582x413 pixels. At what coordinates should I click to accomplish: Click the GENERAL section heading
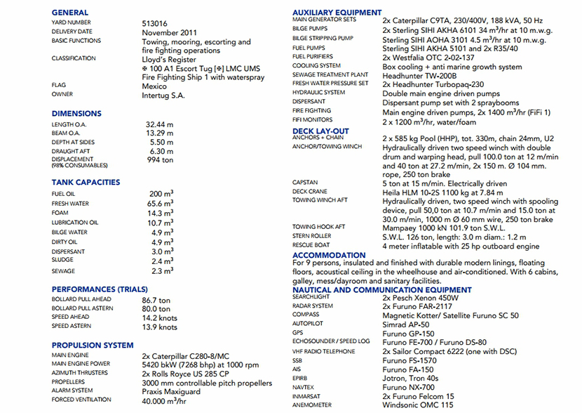pos(70,13)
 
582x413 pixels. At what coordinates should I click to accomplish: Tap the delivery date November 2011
pos(169,32)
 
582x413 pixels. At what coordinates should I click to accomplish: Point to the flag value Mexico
pos(155,86)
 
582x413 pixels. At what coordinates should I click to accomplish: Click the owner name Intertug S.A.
pos(163,95)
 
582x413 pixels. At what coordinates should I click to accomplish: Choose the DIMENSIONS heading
pos(76,113)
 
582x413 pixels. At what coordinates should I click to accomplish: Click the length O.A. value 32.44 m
pos(161,124)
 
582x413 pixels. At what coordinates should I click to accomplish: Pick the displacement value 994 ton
pos(159,160)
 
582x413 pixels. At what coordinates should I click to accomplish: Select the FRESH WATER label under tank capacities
pos(70,204)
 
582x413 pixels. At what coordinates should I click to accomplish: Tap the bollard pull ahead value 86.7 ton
pos(156,300)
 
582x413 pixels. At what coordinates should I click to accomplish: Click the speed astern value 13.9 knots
pos(160,327)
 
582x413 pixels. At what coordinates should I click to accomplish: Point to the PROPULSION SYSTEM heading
pos(93,346)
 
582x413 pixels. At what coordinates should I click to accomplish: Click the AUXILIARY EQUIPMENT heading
pos(337,13)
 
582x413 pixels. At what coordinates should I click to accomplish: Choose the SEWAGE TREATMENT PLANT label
pos(330,75)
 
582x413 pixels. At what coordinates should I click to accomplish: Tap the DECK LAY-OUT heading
pos(320,131)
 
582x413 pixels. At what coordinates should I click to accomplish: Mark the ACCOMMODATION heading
pos(329,255)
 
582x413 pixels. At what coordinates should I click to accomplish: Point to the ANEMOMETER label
pos(313,405)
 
